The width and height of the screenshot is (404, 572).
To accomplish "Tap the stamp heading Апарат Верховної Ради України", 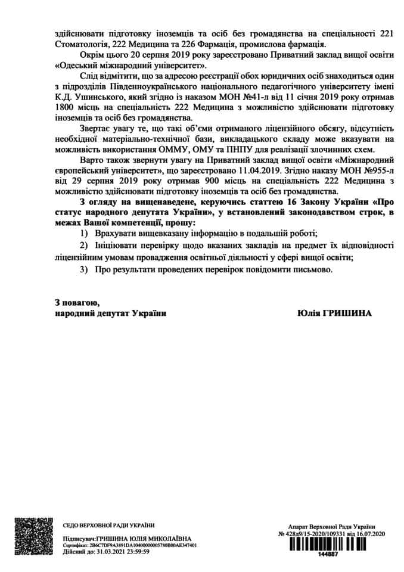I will (331, 526).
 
